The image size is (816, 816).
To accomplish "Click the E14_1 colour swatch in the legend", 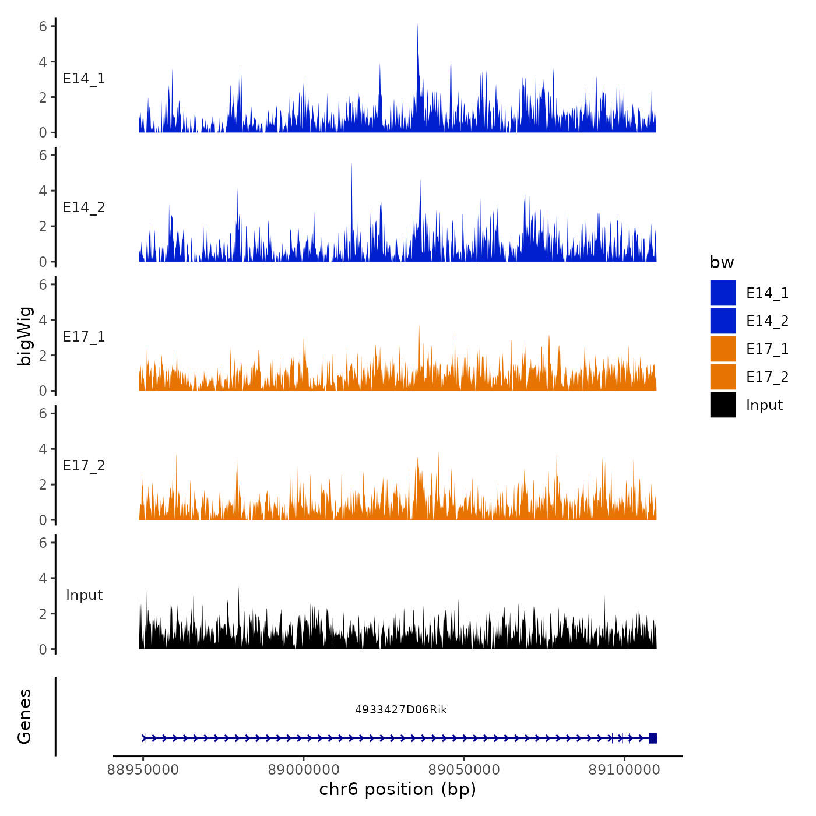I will tap(723, 293).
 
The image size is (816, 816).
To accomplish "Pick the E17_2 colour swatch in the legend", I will tap(723, 377).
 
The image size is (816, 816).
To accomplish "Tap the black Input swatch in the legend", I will tap(723, 405).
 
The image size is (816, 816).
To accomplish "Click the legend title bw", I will tap(722, 262).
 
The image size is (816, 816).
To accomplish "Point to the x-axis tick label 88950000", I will tap(143, 770).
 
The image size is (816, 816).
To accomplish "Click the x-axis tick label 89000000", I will tap(304, 770).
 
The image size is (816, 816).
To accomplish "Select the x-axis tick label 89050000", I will tap(464, 770).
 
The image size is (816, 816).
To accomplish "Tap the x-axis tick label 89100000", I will tap(624, 770).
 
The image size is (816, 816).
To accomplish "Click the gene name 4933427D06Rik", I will tap(401, 709).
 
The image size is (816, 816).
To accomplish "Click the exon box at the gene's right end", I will tap(653, 738).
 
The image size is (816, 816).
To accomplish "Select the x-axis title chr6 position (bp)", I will tap(398, 789).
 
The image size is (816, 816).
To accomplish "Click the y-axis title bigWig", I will tap(24, 336).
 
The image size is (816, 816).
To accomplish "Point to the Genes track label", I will tap(24, 716).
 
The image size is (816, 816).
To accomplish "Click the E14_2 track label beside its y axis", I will tap(84, 207).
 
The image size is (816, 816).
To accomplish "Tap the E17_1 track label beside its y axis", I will tap(84, 337).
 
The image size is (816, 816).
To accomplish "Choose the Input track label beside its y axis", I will tap(84, 595).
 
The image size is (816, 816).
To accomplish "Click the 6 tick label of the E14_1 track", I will tap(43, 26).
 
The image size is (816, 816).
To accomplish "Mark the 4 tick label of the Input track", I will tap(43, 578).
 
